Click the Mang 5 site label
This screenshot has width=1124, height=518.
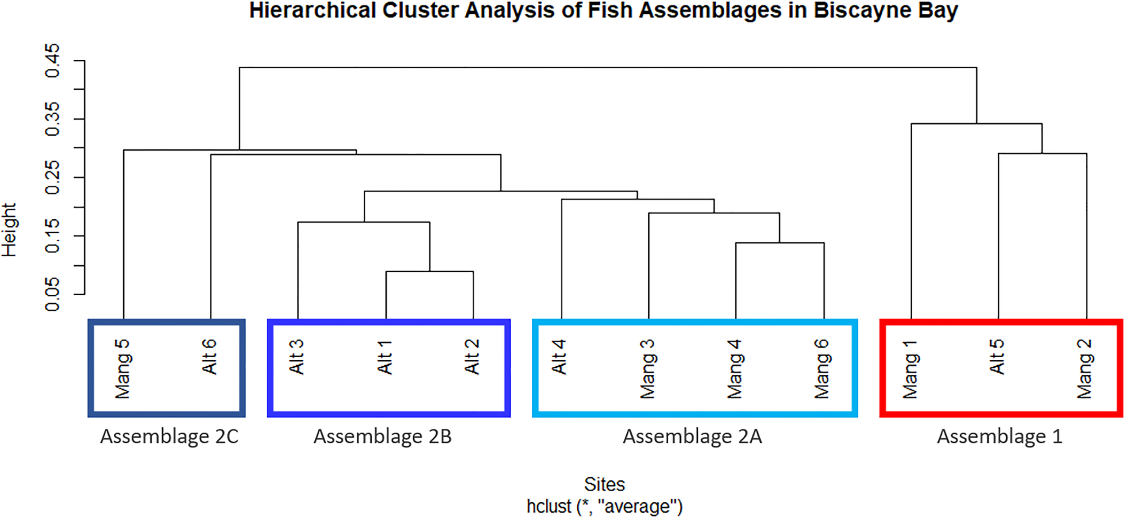click(x=122, y=369)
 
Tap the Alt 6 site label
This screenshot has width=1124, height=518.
click(x=210, y=357)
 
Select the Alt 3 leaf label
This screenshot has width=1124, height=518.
click(x=297, y=357)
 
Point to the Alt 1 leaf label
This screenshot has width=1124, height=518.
click(x=385, y=357)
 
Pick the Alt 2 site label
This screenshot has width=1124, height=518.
click(x=472, y=357)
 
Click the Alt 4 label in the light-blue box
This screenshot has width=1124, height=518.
click(x=559, y=357)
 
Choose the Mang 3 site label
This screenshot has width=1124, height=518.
click(x=647, y=369)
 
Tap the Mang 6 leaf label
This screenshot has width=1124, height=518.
click(x=822, y=369)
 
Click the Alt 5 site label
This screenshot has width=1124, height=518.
click(x=997, y=357)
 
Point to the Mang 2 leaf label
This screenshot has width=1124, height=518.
click(x=1084, y=369)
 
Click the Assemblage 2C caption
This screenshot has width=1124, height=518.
click(x=169, y=437)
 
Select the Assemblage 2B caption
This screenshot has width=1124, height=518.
click(x=383, y=437)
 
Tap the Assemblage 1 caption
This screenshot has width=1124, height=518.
click(x=999, y=437)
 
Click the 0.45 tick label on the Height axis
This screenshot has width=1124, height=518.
click(x=53, y=60)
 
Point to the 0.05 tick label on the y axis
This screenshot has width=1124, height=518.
click(x=53, y=294)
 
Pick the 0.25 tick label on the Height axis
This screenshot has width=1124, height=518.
click(x=53, y=177)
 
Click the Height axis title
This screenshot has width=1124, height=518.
click(x=9, y=230)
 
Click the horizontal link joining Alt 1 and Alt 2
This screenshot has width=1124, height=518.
click(x=429, y=271)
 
